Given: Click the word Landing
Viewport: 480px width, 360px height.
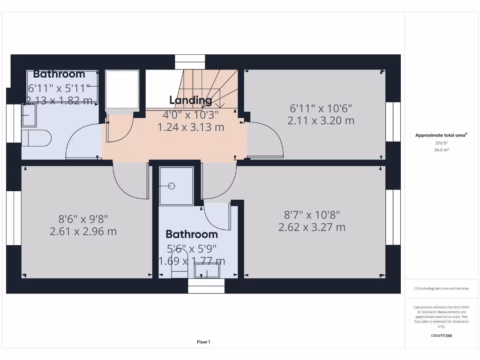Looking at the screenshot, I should pos(190,100).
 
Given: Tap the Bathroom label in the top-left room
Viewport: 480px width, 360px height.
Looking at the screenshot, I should pos(59,74).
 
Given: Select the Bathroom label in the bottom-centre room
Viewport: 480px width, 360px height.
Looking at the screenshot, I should pos(192,234).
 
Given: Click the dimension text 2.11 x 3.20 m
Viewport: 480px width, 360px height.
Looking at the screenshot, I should pos(321,120).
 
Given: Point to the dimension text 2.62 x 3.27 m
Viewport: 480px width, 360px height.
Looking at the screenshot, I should pos(312,227).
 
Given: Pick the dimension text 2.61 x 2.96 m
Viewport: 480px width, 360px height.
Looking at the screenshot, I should pos(83,231).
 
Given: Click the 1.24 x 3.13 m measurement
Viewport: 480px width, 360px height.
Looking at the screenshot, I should pos(190,127).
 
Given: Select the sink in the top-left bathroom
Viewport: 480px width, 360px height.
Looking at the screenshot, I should pos(29,115).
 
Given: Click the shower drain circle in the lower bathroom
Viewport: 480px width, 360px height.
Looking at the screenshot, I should pos(172,186).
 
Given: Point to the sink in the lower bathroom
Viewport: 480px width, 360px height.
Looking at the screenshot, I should pos(207,270).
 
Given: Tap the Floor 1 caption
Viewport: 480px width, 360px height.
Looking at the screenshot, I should pos(203,342).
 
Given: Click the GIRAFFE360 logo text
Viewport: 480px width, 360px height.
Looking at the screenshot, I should pos(441,336).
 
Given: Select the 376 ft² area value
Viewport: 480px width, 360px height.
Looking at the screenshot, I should pos(441,143).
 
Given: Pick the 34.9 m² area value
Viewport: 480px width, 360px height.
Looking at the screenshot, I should pos(441,150).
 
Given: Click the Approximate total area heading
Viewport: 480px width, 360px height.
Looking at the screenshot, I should pos(441,135).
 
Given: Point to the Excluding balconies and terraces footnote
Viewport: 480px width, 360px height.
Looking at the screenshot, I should pos(441,288).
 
